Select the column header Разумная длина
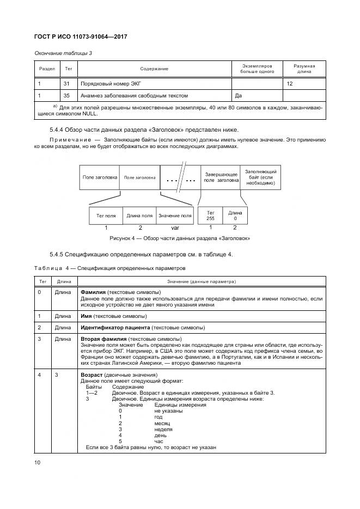click(304, 69)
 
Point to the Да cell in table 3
click(238, 95)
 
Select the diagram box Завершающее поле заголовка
click(221, 176)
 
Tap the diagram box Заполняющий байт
click(261, 176)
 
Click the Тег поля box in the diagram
click(106, 216)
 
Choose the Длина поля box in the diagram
click(140, 216)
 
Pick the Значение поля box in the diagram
click(175, 216)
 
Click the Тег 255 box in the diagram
click(210, 216)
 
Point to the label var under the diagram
click(175, 228)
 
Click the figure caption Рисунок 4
click(179, 238)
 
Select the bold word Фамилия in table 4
click(93, 292)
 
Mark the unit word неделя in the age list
click(163, 429)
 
